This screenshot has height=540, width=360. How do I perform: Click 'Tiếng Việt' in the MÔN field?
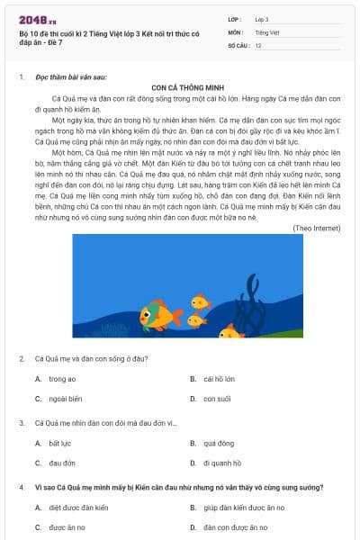[x=266, y=31]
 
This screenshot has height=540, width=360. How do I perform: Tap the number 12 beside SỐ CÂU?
[x=258, y=44]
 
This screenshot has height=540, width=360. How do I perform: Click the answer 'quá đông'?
[x=219, y=444]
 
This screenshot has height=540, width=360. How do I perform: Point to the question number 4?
[x=22, y=487]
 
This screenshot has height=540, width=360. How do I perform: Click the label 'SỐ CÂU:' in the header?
[x=238, y=44]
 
